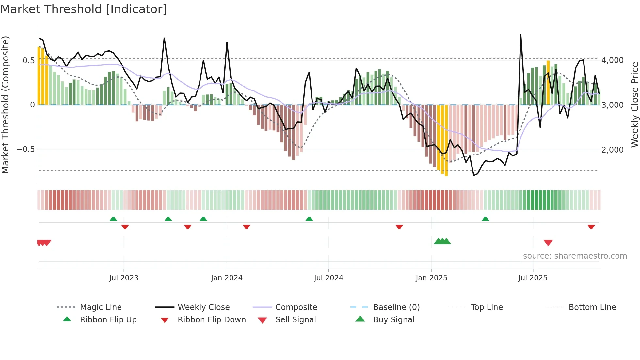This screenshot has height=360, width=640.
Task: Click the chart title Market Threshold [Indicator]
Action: [x=84, y=9]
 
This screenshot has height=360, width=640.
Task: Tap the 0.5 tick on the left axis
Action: [x=28, y=60]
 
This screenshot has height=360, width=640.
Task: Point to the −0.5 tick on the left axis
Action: [x=25, y=149]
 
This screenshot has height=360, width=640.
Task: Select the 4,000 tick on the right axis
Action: [x=613, y=60]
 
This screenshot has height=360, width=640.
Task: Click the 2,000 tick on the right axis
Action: [x=613, y=150]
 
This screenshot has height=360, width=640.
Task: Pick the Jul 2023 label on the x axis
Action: [x=124, y=278]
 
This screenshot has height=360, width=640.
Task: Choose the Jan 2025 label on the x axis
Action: [x=431, y=278]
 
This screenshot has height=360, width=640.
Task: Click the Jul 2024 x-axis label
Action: [x=328, y=278]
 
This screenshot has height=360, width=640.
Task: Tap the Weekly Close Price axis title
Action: [x=634, y=105]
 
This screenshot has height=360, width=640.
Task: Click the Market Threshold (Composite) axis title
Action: [x=5, y=105]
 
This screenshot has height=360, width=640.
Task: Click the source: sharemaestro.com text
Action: [x=575, y=256]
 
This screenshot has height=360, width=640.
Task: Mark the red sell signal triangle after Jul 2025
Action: [x=548, y=243]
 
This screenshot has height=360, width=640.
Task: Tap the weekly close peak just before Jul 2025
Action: [x=520, y=35]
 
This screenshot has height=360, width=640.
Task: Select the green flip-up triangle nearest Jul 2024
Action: [x=309, y=219]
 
